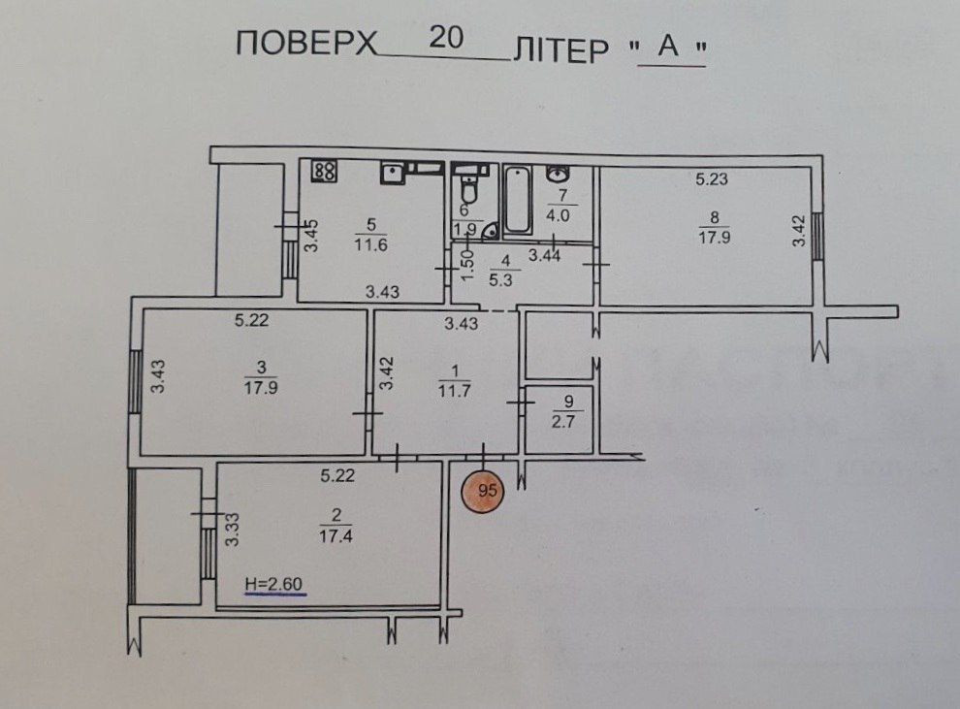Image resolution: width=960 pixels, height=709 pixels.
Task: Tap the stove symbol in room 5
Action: pyautogui.click(x=325, y=172)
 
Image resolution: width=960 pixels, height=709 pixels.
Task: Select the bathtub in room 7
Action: pyautogui.click(x=517, y=200)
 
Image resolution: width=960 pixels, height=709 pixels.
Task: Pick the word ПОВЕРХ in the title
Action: pyautogui.click(x=304, y=48)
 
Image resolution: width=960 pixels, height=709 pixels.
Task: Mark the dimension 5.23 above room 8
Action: pyautogui.click(x=711, y=178)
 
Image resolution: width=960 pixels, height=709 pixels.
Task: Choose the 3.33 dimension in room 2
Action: pyautogui.click(x=232, y=531)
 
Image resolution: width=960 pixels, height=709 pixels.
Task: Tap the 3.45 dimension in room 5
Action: pyautogui.click(x=311, y=236)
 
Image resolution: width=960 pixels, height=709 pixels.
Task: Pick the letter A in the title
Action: pyautogui.click(x=667, y=49)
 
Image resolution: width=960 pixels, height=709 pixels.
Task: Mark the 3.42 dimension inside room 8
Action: pyautogui.click(x=797, y=231)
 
